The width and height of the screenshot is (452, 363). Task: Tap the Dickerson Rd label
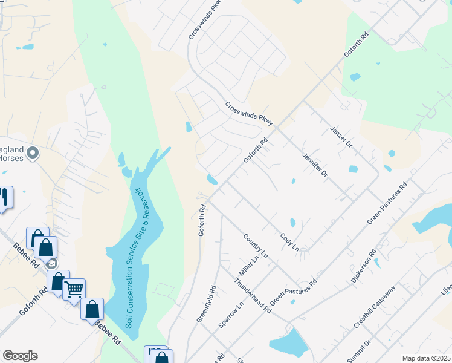tap(364, 267)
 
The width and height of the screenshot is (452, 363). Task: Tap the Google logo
tap(20, 356)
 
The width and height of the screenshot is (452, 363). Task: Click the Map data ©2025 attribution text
tap(425, 358)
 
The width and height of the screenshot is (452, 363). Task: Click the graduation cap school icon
tap(52, 264)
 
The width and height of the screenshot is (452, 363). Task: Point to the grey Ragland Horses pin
tap(33, 154)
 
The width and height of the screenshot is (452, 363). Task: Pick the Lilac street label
tap(446, 292)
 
